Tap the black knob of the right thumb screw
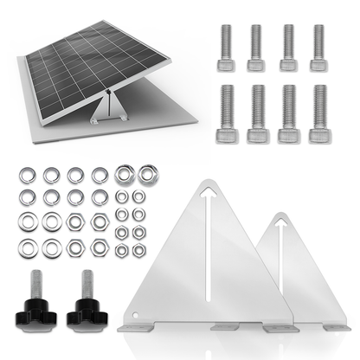click(88, 310)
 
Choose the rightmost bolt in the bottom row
click(319, 113)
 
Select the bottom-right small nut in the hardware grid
click(139, 250)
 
